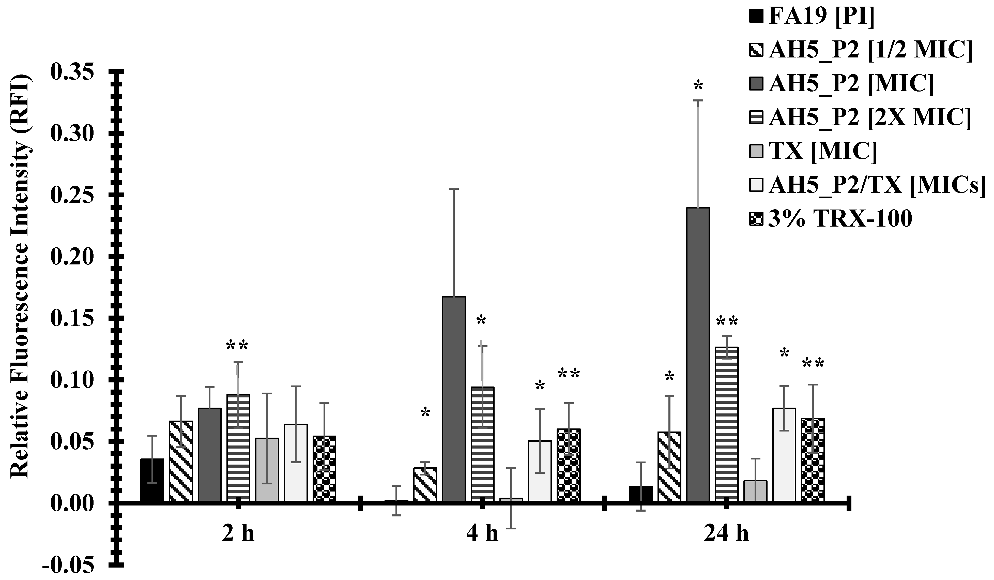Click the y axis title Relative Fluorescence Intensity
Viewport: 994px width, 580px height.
[20, 276]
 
